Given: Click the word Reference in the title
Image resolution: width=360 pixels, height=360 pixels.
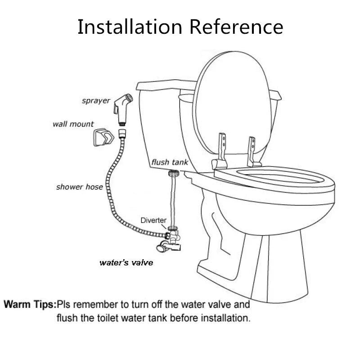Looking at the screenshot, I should coord(236,27).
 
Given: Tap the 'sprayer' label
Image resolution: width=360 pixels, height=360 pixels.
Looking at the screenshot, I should coord(96,100).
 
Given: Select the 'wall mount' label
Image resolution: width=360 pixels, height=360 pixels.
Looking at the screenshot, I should coord(73,124).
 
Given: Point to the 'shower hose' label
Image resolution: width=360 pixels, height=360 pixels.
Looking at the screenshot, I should coord(80,186).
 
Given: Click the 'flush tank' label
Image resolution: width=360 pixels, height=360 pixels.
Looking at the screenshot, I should coord(170,162).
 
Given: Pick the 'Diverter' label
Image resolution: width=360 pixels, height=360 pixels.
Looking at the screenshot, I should coord(154,220).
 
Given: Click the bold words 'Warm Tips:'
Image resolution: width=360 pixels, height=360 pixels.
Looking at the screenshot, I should coord(30,304).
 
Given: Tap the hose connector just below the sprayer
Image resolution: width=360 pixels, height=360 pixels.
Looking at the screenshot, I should coord(121,134).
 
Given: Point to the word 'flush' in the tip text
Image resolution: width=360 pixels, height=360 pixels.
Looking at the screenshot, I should coord(65,318).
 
